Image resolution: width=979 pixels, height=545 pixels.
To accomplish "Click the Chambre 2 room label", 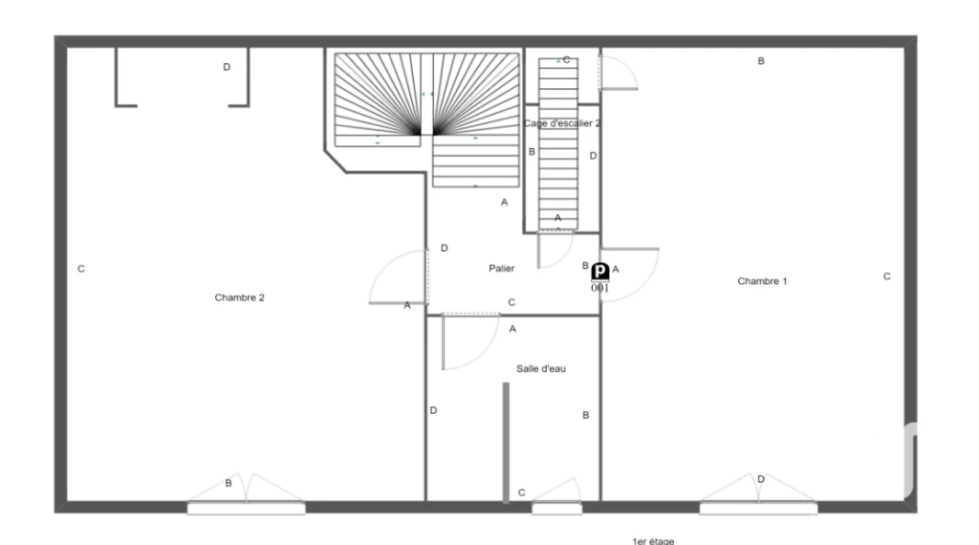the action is (239, 297).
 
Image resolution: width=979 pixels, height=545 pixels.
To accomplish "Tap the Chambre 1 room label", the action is (762, 281).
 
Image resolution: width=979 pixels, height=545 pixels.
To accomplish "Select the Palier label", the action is (501, 269).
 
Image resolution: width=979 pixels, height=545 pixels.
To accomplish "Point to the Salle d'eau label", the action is (541, 369).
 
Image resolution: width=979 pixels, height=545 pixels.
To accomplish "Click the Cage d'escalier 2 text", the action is (562, 123).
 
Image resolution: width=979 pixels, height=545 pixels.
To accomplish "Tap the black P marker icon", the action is (600, 272).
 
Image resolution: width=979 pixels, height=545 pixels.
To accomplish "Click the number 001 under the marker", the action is (600, 288).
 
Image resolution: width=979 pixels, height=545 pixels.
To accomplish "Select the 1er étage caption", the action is (653, 540).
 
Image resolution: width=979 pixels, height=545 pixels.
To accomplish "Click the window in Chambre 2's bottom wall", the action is (247, 509).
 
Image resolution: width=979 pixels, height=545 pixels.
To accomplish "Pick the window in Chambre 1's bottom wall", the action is (758, 509).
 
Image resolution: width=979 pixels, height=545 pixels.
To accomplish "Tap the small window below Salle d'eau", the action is (557, 509).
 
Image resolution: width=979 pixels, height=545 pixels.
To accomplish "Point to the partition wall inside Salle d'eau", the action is (506, 442).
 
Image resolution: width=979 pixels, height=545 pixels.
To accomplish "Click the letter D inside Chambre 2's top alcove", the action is (227, 67).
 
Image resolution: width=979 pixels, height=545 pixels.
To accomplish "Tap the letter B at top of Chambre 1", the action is (761, 61).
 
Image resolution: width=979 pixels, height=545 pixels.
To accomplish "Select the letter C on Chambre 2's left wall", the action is (81, 269).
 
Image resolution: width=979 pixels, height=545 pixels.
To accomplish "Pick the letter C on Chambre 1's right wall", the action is (886, 276).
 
